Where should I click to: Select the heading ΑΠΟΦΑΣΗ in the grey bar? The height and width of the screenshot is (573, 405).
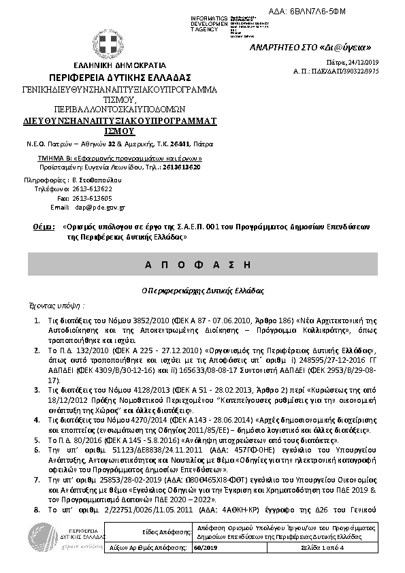click(x=202, y=263)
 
